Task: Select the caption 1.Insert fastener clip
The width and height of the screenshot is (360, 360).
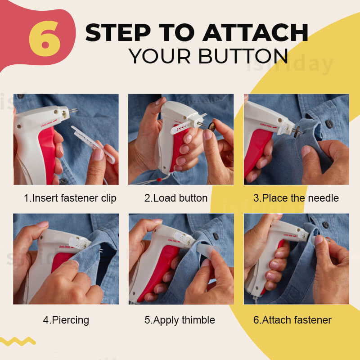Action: click(x=70, y=198)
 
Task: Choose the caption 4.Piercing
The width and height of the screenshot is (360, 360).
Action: click(x=66, y=320)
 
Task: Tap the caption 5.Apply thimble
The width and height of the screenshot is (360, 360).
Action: click(x=180, y=320)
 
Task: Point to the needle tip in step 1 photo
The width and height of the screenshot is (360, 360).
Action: click(x=75, y=111)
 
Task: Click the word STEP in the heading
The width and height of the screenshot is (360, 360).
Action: click(x=117, y=32)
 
